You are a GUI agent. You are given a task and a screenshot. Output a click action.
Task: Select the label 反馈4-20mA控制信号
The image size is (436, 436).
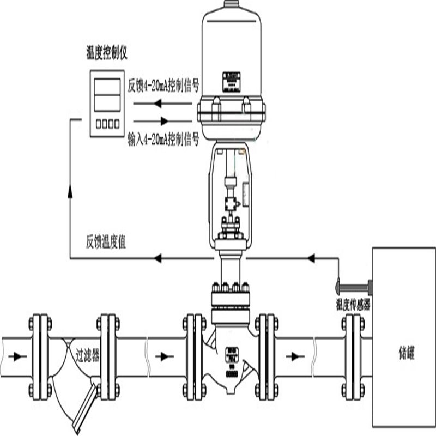163,86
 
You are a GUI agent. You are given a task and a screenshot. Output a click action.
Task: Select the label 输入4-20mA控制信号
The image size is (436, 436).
162,141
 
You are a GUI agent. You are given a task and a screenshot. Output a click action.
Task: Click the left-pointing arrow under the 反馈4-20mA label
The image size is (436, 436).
158,103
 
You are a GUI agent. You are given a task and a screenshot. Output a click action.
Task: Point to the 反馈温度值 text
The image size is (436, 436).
106,242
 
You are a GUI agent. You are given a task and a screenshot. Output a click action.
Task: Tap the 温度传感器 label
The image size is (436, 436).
353,305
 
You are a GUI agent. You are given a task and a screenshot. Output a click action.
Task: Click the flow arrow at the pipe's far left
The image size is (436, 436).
20,356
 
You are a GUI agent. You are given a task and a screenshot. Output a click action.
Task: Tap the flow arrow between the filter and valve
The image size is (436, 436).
163,356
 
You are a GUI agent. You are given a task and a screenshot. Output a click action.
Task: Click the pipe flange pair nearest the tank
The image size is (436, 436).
353,355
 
